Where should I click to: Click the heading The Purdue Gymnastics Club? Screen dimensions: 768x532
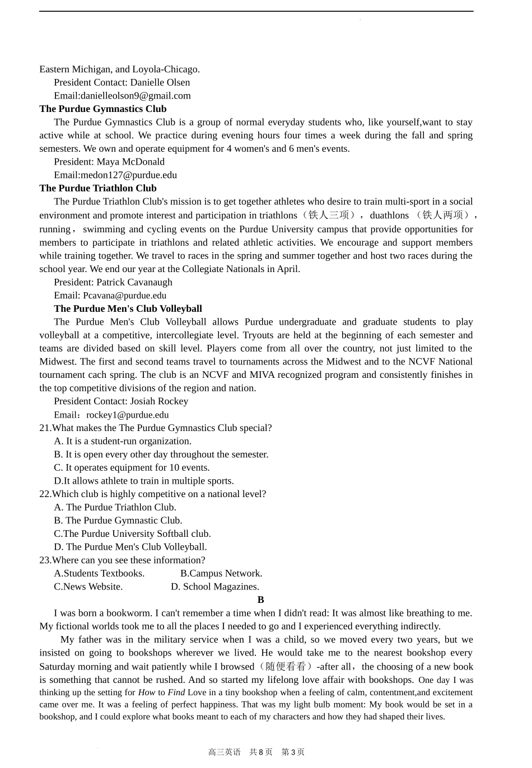[102, 109]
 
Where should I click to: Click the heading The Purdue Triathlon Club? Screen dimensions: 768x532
[98, 189]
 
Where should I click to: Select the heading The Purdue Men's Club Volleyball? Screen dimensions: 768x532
[128, 309]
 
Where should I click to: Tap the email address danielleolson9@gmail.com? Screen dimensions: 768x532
[136, 96]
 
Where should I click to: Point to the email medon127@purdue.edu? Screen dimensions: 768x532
[129, 175]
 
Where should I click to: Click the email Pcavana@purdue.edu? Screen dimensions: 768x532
[124, 296]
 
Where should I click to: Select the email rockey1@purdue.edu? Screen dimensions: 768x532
[127, 415]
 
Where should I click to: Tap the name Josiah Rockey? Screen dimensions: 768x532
[159, 401]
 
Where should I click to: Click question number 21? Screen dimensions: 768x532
[45, 428]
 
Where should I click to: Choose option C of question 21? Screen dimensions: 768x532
[132, 468]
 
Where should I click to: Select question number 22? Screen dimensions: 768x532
[45, 494]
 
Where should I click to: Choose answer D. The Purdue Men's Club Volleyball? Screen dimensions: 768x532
[130, 547]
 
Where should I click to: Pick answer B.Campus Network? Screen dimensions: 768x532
[221, 574]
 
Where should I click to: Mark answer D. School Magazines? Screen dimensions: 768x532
[215, 587]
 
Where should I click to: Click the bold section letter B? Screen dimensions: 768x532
[261, 600]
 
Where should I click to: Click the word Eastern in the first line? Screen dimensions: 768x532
[54, 69]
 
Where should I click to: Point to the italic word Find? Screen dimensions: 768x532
[176, 692]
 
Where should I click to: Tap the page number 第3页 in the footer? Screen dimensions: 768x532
[293, 752]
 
